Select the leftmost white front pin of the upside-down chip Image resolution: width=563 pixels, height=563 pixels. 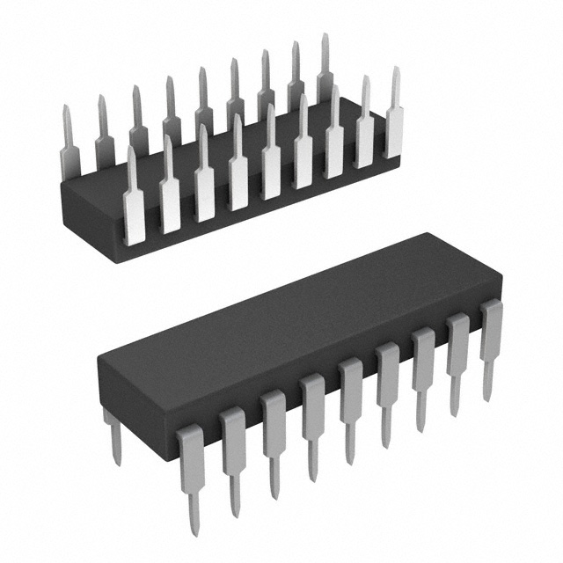click(134, 207)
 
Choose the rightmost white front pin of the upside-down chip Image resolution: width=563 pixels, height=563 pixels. click(394, 123)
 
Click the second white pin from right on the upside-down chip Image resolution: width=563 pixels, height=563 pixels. click(363, 132)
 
